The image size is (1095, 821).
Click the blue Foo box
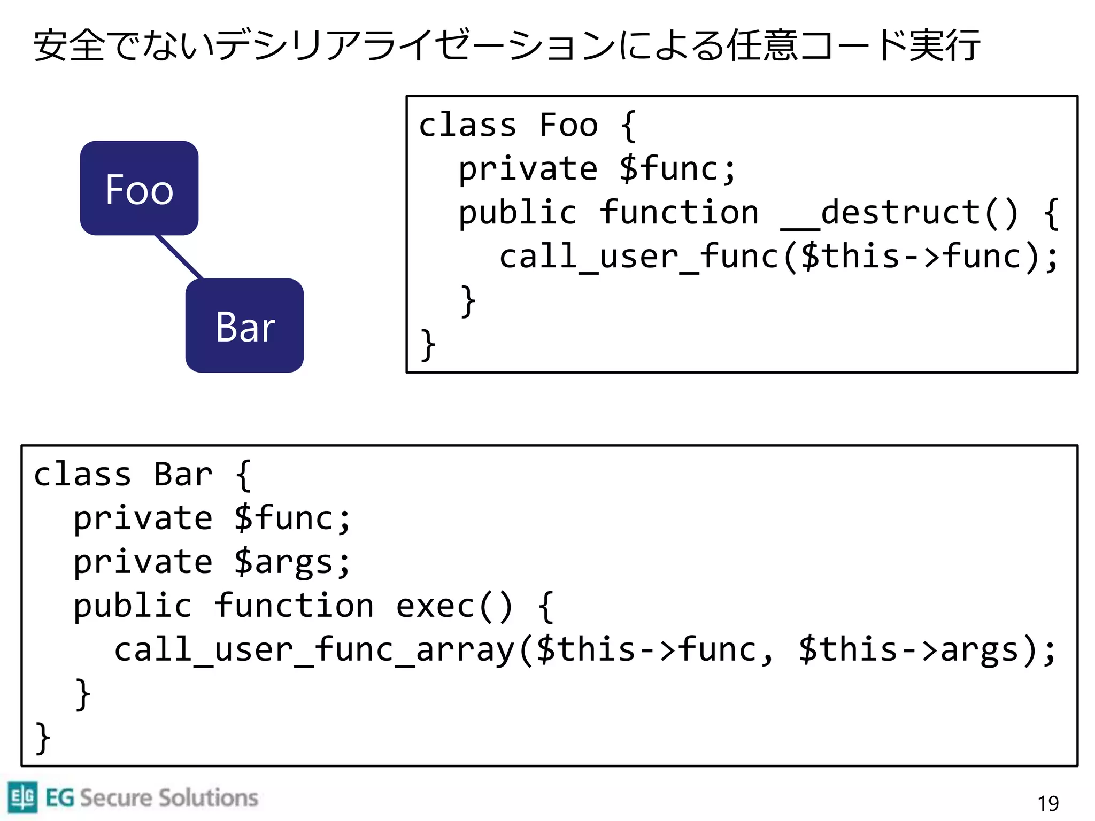coord(139,188)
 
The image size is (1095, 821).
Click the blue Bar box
coord(244,326)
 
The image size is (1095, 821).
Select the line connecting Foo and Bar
coord(179,257)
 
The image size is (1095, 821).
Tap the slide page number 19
coord(1047,803)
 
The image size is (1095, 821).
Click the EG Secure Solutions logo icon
coord(22,796)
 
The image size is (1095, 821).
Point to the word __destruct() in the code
coord(900,213)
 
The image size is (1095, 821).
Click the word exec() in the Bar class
coord(454,606)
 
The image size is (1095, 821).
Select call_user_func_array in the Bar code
coord(314,650)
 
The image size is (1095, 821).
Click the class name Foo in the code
coord(568,125)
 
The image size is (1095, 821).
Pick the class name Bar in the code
coord(183,475)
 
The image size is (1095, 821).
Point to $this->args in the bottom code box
coord(908,650)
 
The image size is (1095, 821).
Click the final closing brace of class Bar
coord(43,738)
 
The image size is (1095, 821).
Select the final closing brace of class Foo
coord(428,344)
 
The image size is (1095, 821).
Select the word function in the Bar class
coord(294,606)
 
